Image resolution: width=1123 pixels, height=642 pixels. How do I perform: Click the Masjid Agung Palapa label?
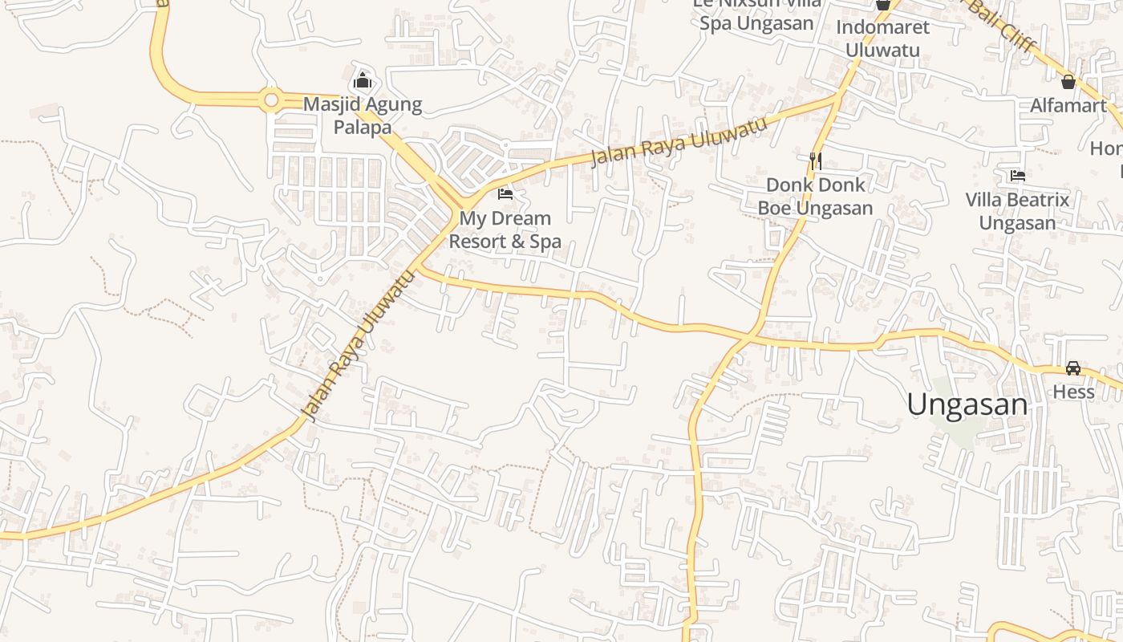(x=363, y=116)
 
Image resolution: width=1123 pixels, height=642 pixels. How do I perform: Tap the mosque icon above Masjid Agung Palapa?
(x=363, y=80)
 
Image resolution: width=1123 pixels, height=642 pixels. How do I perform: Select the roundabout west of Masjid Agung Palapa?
(x=271, y=100)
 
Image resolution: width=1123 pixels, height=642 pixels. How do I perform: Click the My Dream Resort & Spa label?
(x=505, y=230)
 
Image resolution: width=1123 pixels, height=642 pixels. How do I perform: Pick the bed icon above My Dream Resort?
(x=505, y=193)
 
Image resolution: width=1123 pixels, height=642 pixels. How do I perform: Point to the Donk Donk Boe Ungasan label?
(x=815, y=197)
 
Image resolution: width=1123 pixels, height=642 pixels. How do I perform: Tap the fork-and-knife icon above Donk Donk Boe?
(x=816, y=161)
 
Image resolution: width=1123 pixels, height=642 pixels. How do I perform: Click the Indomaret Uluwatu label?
(x=882, y=39)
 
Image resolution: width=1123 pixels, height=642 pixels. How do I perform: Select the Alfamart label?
(x=1068, y=105)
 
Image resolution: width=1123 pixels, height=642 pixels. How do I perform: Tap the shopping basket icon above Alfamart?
(x=1068, y=81)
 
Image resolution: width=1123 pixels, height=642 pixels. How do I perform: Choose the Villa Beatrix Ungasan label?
(x=1017, y=211)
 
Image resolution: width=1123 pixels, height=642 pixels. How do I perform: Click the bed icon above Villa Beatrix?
(x=1018, y=175)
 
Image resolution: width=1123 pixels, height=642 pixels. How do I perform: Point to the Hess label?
(x=1073, y=392)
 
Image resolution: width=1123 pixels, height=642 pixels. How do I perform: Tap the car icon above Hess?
(x=1073, y=368)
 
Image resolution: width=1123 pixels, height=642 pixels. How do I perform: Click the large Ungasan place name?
(x=967, y=404)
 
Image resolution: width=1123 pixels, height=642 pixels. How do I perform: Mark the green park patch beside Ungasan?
(x=955, y=425)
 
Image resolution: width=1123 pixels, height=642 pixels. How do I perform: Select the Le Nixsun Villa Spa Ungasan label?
(x=757, y=14)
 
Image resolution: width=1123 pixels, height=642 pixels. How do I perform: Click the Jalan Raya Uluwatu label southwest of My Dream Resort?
(x=359, y=346)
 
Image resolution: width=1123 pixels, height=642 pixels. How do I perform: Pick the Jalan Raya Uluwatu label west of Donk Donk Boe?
(x=679, y=142)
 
